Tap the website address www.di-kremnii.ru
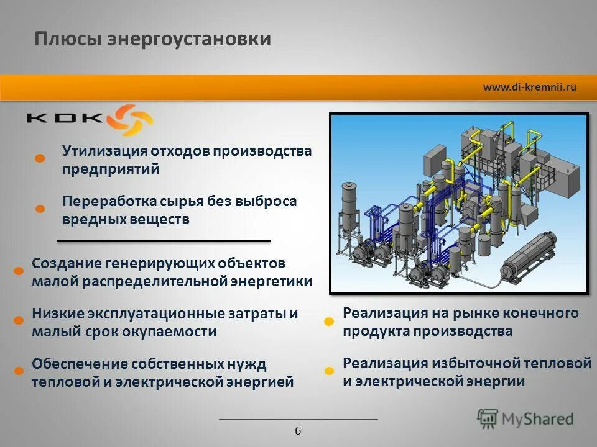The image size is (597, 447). (x=529, y=87)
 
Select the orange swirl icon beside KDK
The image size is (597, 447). (x=130, y=119)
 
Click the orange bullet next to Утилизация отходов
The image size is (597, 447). (x=39, y=158)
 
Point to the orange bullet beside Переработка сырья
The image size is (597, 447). (x=39, y=209)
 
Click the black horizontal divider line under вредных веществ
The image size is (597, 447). (x=164, y=240)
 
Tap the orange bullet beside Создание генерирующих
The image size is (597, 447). (x=19, y=271)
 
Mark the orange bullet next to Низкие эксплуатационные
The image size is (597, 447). (x=19, y=320)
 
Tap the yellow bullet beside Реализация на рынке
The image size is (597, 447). (x=329, y=321)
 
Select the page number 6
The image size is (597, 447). (x=298, y=431)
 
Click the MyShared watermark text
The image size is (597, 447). (x=537, y=419)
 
